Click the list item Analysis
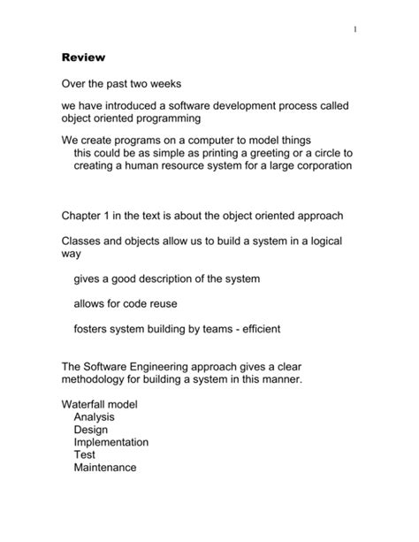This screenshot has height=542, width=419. [95, 417]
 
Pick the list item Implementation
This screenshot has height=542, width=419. [111, 442]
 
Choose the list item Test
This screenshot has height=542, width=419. [85, 455]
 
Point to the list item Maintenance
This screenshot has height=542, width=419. [105, 468]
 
